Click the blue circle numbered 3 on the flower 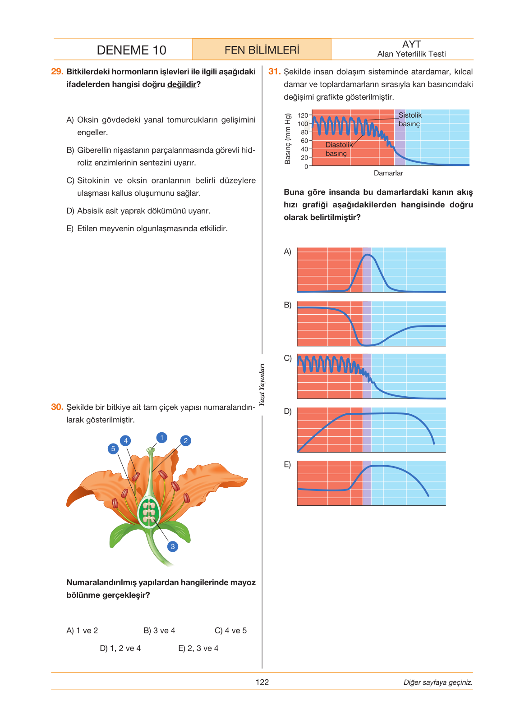(x=172, y=546)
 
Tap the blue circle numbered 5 (x=113, y=449)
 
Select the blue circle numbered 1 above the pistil (x=161, y=437)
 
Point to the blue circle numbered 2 (x=185, y=441)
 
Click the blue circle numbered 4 (x=125, y=441)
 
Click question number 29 (x=57, y=72)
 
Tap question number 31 (x=274, y=72)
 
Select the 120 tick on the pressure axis (x=303, y=115)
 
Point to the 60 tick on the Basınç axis (x=304, y=141)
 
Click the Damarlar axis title (x=388, y=173)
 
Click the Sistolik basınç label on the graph (x=410, y=119)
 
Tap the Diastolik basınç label (x=339, y=149)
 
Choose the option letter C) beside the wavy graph (x=288, y=358)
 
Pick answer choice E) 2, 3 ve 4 (x=198, y=648)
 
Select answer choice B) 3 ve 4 (x=159, y=631)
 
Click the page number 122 (x=262, y=682)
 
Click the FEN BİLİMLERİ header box (x=262, y=50)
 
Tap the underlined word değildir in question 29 (x=182, y=84)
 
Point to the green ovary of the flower (x=149, y=513)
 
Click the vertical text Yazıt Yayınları (x=262, y=385)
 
